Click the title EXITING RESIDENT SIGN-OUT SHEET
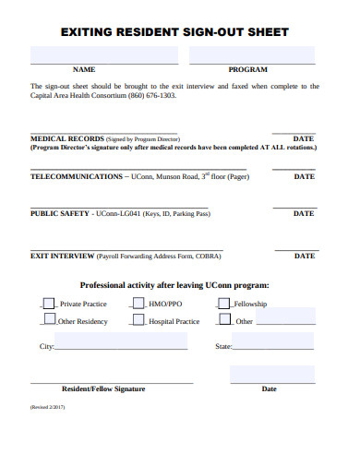[174, 32]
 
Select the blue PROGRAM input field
[252, 56]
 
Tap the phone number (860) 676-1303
[151, 95]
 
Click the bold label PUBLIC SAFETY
[60, 213]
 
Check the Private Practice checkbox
[49, 303]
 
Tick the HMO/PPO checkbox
[138, 303]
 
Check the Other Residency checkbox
[49, 320]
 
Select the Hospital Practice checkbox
[138, 320]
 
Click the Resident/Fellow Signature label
[103, 388]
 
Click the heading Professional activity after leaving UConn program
[174, 285]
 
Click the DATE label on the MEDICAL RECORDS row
[303, 138]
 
